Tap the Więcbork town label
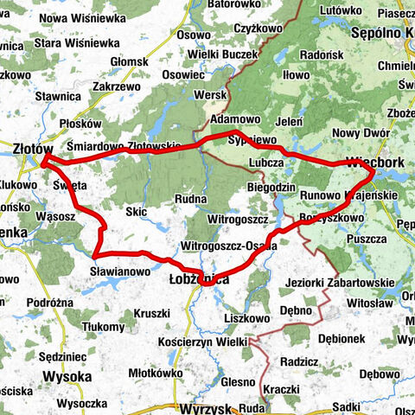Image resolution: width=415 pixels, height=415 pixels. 374,161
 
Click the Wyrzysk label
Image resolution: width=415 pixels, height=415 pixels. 205,407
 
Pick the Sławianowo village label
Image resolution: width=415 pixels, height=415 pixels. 120,271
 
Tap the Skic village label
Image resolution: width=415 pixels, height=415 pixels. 136,211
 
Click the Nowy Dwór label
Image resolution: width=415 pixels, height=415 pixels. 357,132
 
